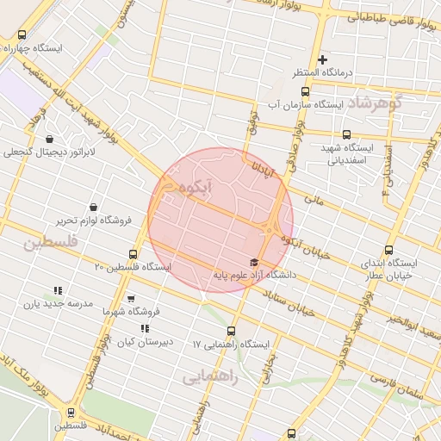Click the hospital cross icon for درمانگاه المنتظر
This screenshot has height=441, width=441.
pyautogui.click(x=323, y=59)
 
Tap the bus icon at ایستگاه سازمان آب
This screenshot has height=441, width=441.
pyautogui.click(x=304, y=91)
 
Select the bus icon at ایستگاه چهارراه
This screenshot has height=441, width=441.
pyautogui.click(x=22, y=35)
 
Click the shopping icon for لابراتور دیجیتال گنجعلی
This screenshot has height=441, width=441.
pyautogui.click(x=48, y=138)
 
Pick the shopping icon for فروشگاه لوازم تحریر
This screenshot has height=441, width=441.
pyautogui.click(x=93, y=207)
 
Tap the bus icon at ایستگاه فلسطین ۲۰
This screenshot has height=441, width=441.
pyautogui.click(x=133, y=254)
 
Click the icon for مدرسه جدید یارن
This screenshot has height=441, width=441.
pyautogui.click(x=58, y=291)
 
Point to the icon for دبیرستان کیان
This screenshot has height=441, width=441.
pyautogui.click(x=145, y=328)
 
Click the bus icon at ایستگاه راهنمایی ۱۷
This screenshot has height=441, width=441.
pyautogui.click(x=231, y=331)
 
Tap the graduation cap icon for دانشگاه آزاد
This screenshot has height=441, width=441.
pyautogui.click(x=253, y=262)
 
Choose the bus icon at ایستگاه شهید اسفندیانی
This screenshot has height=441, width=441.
pyautogui.click(x=346, y=134)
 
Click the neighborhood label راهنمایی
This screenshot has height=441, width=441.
pyautogui.click(x=206, y=376)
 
